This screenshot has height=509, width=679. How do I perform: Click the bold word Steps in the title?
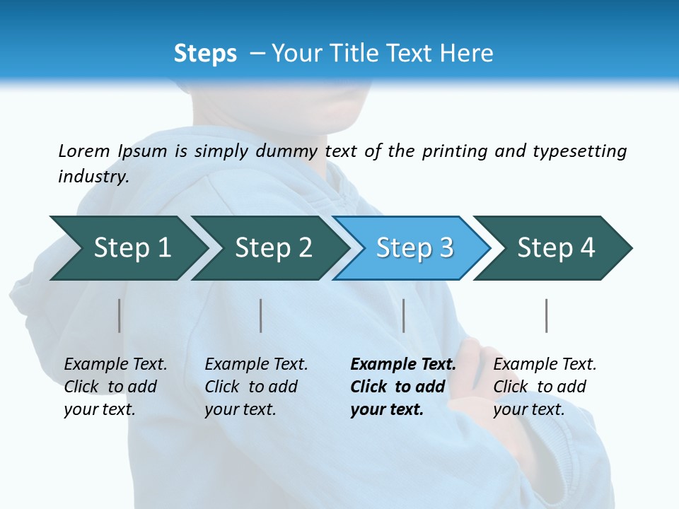coord(205,54)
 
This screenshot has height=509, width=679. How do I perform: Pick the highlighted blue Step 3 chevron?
coord(414,248)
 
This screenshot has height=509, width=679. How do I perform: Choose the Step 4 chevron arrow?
coord(556,248)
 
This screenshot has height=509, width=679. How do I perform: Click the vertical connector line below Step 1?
coord(120,315)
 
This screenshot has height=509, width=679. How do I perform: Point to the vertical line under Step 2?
coord(261,315)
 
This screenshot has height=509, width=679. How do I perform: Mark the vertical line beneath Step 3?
coord(403,315)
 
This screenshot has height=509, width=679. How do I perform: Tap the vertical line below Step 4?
coord(546,315)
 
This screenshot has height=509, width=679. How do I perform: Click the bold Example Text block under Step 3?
coord(402,387)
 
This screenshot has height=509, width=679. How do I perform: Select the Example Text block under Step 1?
coord(115,387)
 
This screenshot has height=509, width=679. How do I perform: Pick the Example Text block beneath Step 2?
coord(256,387)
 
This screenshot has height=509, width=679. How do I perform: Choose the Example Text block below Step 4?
coord(545,387)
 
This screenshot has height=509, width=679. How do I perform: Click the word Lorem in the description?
coord(84,151)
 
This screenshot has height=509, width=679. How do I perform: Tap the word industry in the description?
coord(93,177)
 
